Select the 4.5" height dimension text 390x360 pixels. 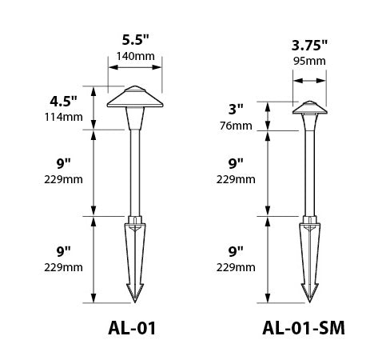[x=63, y=102]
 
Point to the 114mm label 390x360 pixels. [x=63, y=117]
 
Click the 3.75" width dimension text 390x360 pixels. [x=308, y=45]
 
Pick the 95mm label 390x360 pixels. [x=308, y=61]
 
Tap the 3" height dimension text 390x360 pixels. [x=236, y=110]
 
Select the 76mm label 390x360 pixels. [x=237, y=125]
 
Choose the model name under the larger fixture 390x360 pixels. [x=133, y=328]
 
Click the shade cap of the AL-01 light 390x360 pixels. [x=133, y=97]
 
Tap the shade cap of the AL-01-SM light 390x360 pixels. [x=308, y=107]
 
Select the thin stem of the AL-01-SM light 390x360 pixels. [x=308, y=172]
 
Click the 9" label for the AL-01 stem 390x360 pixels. [x=63, y=164]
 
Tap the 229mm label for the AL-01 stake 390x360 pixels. [x=63, y=266]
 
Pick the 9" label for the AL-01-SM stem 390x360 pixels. [x=236, y=164]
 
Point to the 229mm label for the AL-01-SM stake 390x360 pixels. [x=237, y=266]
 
